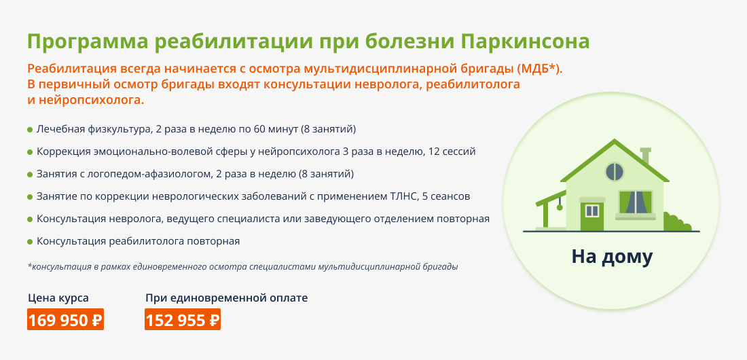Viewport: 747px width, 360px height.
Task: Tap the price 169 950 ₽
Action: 65,319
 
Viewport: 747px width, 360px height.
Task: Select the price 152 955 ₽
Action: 183,319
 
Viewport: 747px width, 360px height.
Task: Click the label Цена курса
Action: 58,298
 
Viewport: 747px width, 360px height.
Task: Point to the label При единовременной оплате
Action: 226,298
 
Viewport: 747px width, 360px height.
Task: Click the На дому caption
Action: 612,257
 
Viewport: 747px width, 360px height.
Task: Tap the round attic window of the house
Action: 615,172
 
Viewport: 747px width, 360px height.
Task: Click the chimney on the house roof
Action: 646,156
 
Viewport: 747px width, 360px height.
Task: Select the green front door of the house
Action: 591,215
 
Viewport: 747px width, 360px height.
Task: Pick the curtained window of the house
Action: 636,203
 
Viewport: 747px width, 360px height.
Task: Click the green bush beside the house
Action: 676,222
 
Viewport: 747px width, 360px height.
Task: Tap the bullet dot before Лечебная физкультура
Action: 30,130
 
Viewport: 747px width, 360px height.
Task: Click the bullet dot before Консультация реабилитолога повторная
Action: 30,242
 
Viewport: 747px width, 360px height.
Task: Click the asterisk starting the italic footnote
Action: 29,266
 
